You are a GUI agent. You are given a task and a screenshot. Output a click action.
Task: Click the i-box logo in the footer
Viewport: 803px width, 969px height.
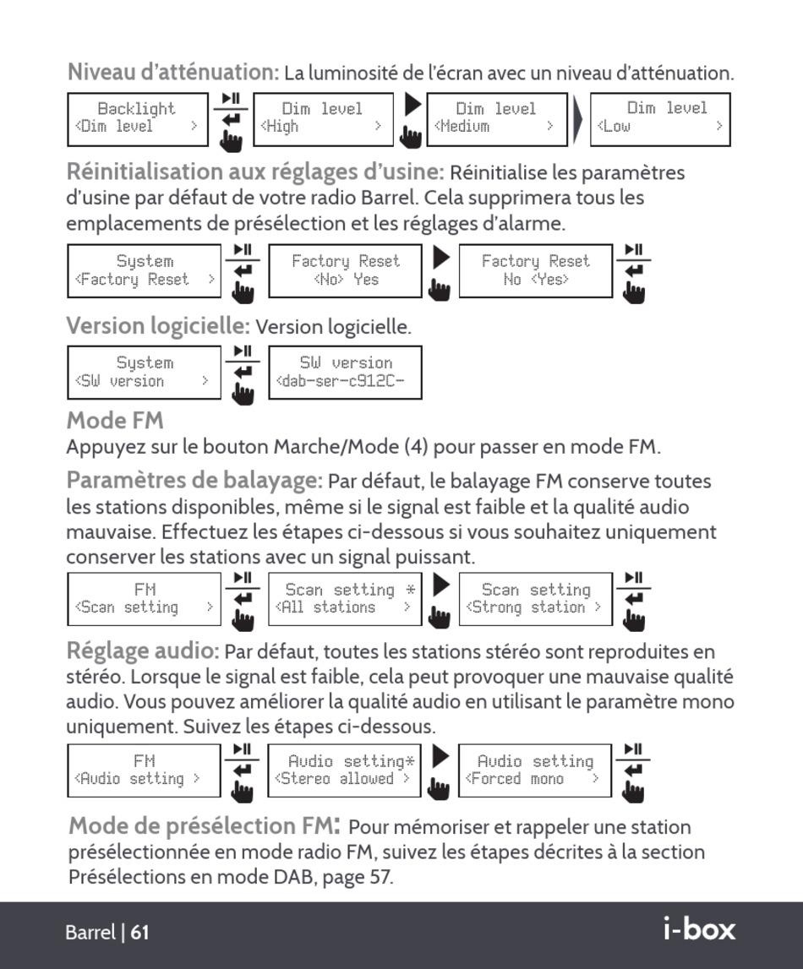coord(699,929)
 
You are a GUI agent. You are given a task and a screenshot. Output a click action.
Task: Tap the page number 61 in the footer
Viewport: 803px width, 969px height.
coord(140,933)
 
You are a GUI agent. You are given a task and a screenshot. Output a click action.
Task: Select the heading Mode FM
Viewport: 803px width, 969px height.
coord(115,420)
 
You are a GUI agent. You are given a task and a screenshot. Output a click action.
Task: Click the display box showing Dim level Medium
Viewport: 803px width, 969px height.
coord(496,118)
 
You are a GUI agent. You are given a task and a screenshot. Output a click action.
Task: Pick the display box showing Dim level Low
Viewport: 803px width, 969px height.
coord(659,118)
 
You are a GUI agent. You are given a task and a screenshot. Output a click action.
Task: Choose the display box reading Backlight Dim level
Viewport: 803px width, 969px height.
coord(137,118)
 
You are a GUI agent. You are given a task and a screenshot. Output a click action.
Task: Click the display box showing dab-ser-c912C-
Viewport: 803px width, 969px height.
coord(345,373)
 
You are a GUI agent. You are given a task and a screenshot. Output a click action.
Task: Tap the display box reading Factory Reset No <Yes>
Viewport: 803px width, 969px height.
coord(535,271)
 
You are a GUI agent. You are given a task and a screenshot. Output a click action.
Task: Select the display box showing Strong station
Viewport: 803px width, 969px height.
coord(535,599)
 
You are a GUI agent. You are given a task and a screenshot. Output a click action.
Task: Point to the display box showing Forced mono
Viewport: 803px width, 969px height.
coord(535,770)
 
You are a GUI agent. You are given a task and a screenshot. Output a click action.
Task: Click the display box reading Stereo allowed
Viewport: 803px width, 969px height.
coord(345,770)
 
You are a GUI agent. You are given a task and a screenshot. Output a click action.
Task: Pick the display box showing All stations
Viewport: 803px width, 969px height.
coord(345,599)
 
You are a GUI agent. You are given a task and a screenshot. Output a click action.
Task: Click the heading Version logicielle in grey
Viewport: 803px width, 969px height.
coord(158,325)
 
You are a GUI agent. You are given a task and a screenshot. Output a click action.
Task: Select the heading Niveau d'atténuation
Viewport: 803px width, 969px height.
coord(172,72)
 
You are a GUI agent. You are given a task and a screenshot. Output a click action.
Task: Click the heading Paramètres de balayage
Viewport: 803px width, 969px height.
coord(194,481)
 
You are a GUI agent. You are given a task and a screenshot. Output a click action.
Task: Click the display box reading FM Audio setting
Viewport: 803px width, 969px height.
coord(144,770)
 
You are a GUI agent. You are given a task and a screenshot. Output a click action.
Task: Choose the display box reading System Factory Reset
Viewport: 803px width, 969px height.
coord(144,271)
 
